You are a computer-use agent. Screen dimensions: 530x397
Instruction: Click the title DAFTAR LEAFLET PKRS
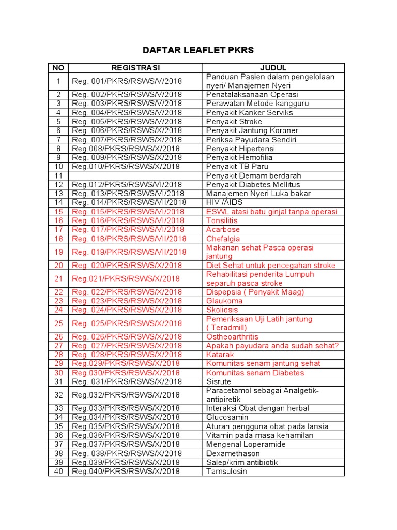(198, 50)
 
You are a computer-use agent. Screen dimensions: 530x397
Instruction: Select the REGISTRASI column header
(135, 68)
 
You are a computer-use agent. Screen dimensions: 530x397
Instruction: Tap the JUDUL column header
(273, 68)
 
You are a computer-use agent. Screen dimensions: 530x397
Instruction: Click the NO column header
(58, 68)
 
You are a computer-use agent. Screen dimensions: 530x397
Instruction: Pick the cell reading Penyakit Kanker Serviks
(249, 112)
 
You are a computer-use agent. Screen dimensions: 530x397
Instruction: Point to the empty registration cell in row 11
(135, 175)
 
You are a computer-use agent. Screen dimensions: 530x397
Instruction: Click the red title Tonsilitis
(222, 220)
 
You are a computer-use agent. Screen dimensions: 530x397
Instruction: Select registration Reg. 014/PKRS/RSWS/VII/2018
(129, 202)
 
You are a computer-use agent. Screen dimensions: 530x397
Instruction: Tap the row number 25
(58, 323)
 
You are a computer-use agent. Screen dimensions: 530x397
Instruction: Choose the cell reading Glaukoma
(224, 301)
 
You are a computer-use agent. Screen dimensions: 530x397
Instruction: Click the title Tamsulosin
(226, 471)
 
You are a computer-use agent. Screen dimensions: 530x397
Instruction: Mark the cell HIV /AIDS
(224, 202)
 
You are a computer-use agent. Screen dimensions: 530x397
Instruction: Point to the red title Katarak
(220, 355)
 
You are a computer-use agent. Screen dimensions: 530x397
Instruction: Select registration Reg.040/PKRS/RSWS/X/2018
(126, 471)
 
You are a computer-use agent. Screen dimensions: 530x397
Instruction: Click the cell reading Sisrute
(218, 381)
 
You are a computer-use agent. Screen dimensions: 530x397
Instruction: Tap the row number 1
(58, 81)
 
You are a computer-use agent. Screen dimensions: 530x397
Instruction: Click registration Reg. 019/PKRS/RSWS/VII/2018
(129, 252)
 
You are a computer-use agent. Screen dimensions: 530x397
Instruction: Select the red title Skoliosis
(222, 310)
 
